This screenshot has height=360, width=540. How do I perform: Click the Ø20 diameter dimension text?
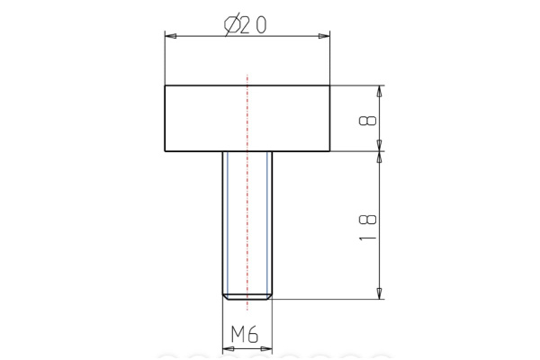(x=244, y=25)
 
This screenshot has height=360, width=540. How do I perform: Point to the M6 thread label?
(x=245, y=335)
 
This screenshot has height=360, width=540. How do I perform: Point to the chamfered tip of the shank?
(x=246, y=294)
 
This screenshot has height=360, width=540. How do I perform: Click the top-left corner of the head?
(x=164, y=85)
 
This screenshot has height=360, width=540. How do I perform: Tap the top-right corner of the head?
(x=329, y=85)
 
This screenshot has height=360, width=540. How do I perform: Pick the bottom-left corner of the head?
(x=164, y=150)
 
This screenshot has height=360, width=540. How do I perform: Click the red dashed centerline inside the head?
(x=246, y=118)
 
